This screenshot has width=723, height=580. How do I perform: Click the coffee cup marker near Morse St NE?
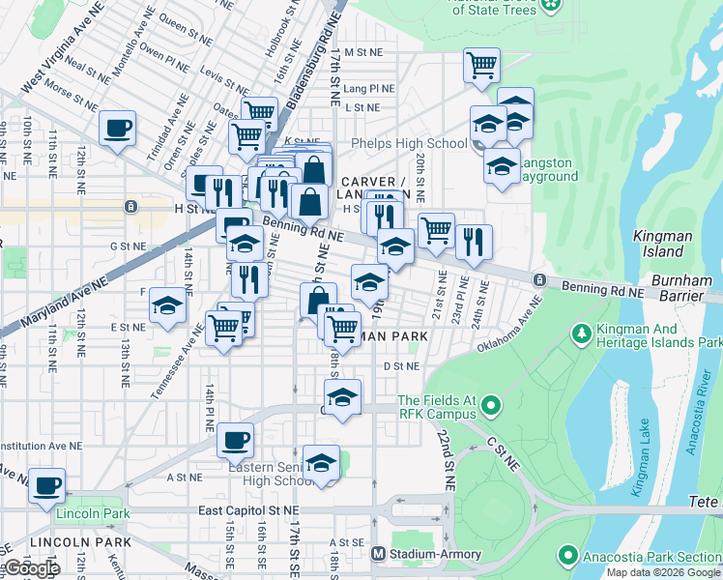(117, 129)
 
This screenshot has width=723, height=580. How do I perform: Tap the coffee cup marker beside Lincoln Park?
(46, 485)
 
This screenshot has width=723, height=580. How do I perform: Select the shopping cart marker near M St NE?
(481, 66)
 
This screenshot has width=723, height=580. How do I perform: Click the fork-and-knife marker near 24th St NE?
(474, 243)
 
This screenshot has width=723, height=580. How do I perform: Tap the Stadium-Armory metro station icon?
(380, 553)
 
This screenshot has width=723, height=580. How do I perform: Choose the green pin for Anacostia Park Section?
(568, 556)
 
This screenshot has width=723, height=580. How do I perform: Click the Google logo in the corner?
(31, 568)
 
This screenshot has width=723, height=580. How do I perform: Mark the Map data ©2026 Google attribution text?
(663, 572)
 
